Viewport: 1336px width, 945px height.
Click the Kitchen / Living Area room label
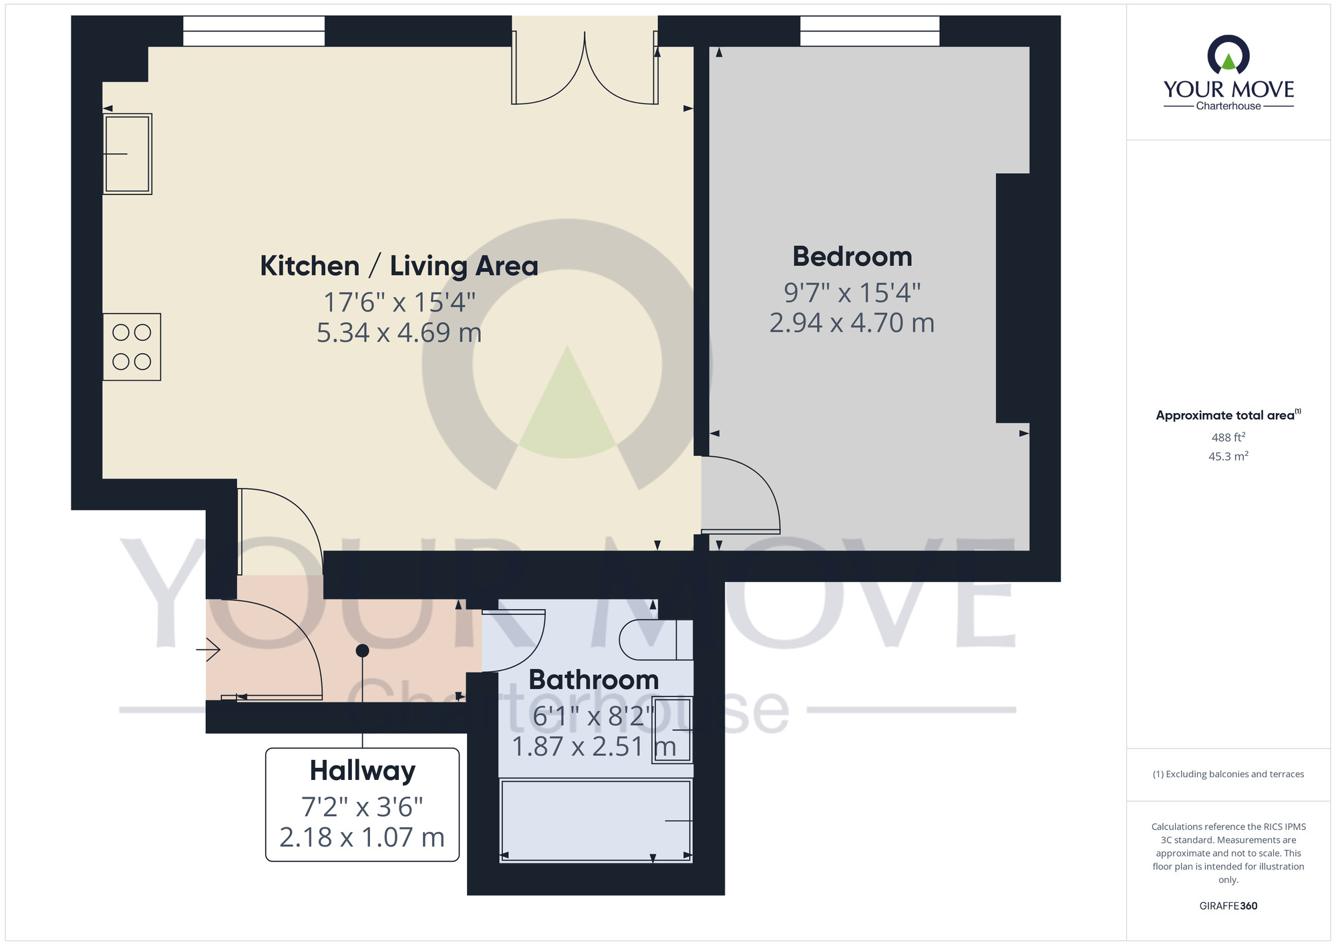(399, 266)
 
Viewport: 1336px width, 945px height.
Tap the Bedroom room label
(852, 257)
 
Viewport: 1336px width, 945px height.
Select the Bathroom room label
(593, 680)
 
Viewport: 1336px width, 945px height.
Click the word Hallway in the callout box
(362, 771)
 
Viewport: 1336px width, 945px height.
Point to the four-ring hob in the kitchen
(132, 347)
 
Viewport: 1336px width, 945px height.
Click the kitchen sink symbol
(128, 154)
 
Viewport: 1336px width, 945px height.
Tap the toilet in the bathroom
(655, 640)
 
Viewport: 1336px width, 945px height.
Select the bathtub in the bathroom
(596, 820)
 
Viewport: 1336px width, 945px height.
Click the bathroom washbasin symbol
(672, 730)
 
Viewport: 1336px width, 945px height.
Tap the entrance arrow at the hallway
(208, 649)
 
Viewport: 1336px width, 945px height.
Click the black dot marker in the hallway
(362, 650)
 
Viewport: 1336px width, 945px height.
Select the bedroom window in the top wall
(869, 31)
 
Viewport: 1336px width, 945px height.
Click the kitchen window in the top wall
(254, 31)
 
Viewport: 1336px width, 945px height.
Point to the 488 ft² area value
(1228, 437)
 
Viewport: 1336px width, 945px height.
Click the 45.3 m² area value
(1228, 456)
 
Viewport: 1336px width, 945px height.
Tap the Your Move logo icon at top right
(1228, 55)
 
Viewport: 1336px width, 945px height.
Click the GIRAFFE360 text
(1228, 906)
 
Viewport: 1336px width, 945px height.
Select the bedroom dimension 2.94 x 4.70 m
(852, 323)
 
